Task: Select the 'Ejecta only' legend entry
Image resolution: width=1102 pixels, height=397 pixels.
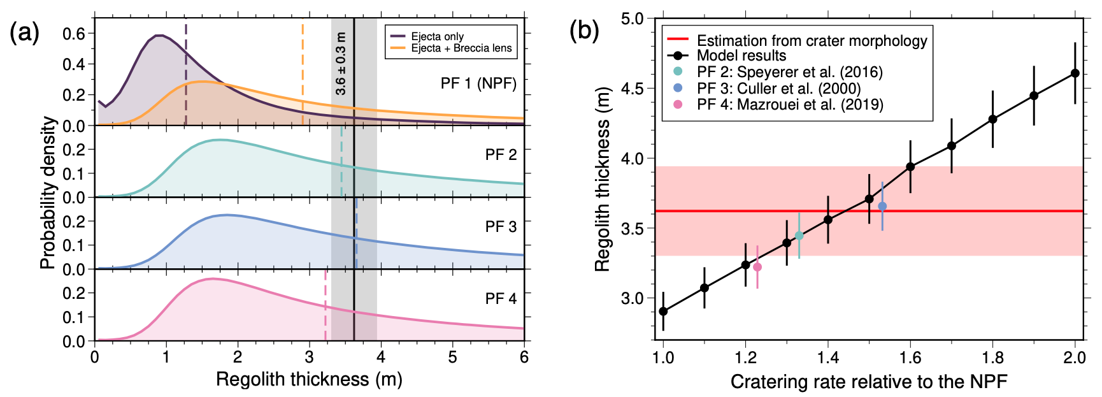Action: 437,36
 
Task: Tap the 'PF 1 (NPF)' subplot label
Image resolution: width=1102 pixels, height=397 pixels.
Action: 478,83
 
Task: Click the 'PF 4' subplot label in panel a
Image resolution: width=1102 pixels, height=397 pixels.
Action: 501,298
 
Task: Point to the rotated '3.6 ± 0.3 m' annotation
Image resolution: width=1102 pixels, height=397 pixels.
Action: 341,64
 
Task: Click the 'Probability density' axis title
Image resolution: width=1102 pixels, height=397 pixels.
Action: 48,192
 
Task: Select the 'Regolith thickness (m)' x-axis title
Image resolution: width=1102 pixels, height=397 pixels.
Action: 309,379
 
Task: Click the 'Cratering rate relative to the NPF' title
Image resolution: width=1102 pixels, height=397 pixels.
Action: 869,382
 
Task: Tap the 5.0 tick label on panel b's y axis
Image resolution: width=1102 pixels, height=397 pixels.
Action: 633,18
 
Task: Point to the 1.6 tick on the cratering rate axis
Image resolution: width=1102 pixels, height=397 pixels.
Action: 910,357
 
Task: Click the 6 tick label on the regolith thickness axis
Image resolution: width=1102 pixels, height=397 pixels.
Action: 524,357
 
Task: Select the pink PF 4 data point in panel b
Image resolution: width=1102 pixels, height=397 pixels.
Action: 757,267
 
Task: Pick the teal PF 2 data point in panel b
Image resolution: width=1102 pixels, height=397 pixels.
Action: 799,236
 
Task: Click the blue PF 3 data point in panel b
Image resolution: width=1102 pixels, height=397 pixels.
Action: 882,206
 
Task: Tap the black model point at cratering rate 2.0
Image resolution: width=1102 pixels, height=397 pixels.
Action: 1075,73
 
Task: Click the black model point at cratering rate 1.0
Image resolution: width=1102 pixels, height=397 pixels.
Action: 663,312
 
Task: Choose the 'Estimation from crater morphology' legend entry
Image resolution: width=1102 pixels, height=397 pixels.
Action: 812,41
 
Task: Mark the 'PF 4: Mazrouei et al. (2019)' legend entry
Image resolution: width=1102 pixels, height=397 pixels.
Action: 790,104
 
